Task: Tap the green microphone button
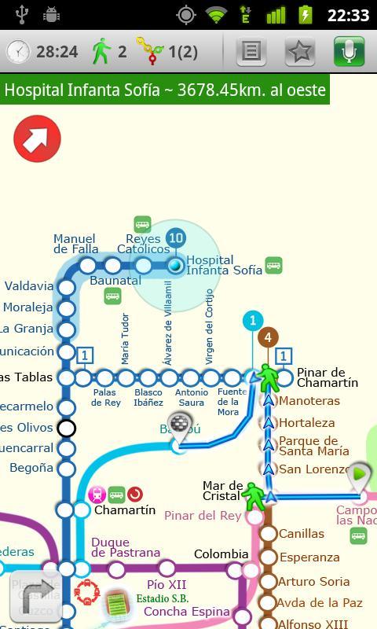[x=349, y=52]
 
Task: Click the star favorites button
[x=300, y=52]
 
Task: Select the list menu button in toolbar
[x=251, y=52]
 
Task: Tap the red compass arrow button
[x=37, y=139]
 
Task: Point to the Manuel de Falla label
[x=75, y=244]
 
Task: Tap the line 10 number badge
[x=176, y=237]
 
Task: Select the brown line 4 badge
[x=268, y=337]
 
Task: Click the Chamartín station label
[x=125, y=510]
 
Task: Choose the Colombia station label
[x=217, y=554]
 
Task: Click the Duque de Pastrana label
[x=126, y=547]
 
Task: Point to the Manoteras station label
[x=309, y=401]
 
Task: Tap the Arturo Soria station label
[x=313, y=582]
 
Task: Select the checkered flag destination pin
[x=180, y=425]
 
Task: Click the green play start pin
[x=360, y=476]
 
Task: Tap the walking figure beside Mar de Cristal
[x=254, y=495]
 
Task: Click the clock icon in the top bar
[x=17, y=52]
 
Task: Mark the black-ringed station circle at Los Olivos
[x=67, y=428]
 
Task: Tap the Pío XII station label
[x=167, y=585]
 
